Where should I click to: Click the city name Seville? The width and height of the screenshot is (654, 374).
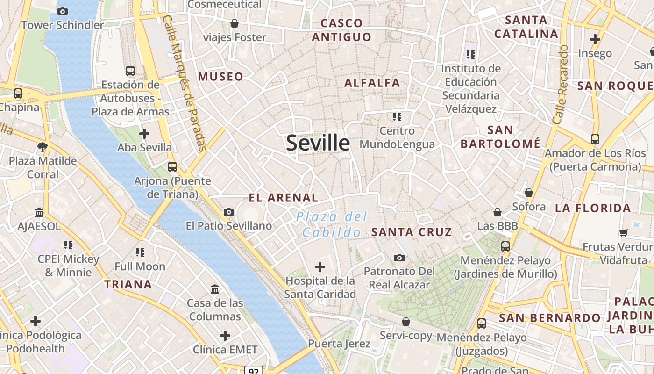pyautogui.click(x=318, y=143)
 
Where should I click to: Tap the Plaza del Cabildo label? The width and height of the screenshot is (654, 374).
pyautogui.click(x=332, y=224)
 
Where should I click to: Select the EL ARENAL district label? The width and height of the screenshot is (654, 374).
pyautogui.click(x=283, y=198)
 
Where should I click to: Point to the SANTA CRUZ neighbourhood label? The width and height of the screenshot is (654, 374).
pyautogui.click(x=412, y=232)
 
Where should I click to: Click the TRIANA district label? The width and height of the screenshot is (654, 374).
pyautogui.click(x=128, y=284)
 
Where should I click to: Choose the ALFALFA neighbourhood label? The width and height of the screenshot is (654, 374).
pyautogui.click(x=372, y=83)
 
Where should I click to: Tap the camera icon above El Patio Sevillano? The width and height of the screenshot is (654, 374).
pyautogui.click(x=228, y=212)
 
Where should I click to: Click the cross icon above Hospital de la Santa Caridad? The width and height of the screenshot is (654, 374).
pyautogui.click(x=320, y=267)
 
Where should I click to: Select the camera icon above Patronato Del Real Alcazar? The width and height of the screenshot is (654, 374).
pyautogui.click(x=399, y=258)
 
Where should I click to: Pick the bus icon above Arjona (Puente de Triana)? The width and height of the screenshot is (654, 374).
pyautogui.click(x=172, y=166)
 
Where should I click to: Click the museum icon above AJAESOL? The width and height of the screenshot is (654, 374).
pyautogui.click(x=39, y=213)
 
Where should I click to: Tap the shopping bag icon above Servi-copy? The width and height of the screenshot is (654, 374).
pyautogui.click(x=406, y=322)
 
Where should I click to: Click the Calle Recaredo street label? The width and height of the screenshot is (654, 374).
pyautogui.click(x=560, y=84)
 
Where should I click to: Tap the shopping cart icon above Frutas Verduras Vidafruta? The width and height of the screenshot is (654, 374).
pyautogui.click(x=623, y=232)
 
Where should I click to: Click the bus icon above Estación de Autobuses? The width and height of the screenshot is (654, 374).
pyautogui.click(x=130, y=71)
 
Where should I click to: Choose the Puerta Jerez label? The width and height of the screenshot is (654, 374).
pyautogui.click(x=339, y=344)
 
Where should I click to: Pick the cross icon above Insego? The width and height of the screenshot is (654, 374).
pyautogui.click(x=595, y=39)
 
